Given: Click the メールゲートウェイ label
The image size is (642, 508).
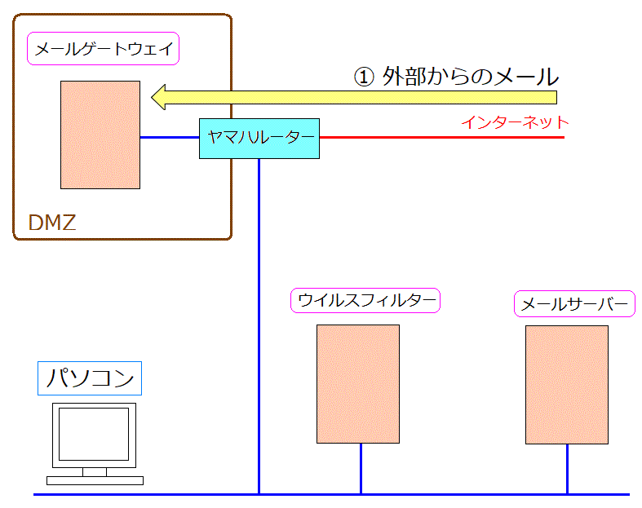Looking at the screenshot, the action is [103, 49].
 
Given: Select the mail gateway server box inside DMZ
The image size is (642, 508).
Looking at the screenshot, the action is [100, 135].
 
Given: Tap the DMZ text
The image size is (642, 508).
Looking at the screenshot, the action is [52, 223].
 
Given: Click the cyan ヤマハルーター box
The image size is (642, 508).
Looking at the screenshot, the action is [259, 139].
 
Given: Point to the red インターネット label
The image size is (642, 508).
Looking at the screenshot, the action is [515, 122].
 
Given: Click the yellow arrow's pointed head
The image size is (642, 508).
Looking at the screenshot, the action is [152, 97].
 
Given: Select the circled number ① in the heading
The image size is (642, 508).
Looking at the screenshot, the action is [364, 77].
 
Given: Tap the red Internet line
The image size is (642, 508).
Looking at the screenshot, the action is [442, 137].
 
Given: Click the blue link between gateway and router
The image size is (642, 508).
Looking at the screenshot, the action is [170, 137].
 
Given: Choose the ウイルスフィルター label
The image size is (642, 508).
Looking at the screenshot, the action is [365, 300].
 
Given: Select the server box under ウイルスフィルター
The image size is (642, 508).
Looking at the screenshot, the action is [358, 384].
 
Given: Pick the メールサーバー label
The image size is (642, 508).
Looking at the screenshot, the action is [574, 303].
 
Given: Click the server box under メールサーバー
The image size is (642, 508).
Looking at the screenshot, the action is [567, 385].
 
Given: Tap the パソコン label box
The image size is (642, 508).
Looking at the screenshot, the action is [90, 378].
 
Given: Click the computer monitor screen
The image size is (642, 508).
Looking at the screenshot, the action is [94, 434].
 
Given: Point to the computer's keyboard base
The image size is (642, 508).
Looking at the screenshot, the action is [95, 480].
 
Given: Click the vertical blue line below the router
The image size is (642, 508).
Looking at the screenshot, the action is [259, 326].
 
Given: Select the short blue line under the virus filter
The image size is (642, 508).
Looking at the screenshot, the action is [361, 469].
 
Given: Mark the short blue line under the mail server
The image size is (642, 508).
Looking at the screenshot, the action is [567, 469].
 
